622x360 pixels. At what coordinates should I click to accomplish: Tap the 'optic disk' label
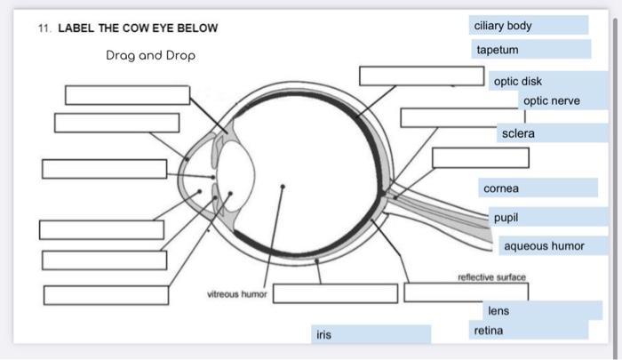[x=518, y=81]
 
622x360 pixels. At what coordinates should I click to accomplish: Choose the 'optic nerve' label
[x=552, y=101]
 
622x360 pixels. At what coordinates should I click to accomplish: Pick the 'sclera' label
[x=519, y=133]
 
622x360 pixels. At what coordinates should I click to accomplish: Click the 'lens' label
[x=498, y=311]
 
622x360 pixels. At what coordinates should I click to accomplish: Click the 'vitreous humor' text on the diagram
[x=236, y=293]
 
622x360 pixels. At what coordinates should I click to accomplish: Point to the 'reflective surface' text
[x=491, y=277]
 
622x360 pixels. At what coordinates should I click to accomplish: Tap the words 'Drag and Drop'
[x=150, y=55]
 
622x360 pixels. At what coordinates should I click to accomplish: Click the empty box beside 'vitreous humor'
[x=335, y=293]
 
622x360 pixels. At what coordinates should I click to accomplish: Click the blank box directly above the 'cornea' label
[x=480, y=158]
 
